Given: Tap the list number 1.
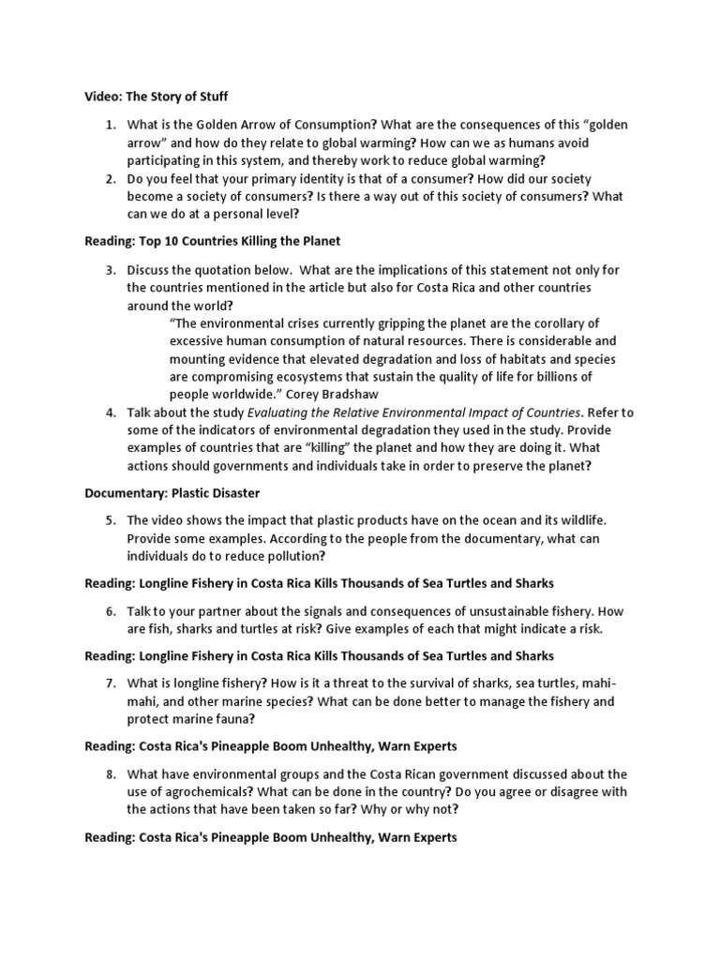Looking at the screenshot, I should [x=110, y=125].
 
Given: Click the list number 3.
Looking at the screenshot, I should [x=110, y=270].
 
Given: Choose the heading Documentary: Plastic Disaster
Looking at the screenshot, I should [x=172, y=492].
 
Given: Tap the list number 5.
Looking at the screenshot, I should [x=110, y=519].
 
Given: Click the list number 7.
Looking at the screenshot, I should [x=110, y=682].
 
